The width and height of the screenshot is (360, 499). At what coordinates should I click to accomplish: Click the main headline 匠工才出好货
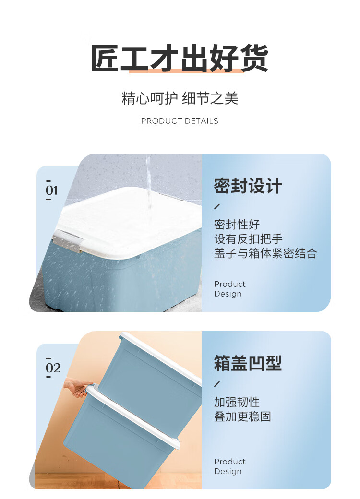(180, 58)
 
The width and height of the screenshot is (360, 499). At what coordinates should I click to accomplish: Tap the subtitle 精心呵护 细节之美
(180, 98)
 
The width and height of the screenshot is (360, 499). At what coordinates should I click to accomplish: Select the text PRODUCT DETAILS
(180, 121)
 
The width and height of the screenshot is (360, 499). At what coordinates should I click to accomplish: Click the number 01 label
(51, 190)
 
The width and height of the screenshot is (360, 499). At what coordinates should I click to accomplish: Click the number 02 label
(53, 368)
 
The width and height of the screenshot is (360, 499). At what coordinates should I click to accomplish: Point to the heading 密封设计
(248, 186)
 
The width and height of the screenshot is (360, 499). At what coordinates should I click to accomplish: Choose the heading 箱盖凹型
(248, 363)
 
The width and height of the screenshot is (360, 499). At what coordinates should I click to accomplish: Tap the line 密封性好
(237, 225)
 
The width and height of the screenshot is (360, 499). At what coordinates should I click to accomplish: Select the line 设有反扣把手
(248, 238)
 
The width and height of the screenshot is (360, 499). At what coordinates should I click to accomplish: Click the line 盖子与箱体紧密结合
(265, 253)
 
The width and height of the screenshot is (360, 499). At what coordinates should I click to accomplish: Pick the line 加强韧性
(237, 402)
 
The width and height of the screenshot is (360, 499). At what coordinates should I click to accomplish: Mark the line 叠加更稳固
(242, 416)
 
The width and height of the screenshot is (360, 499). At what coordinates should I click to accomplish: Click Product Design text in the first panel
(230, 289)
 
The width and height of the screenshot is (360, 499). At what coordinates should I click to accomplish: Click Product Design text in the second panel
(230, 466)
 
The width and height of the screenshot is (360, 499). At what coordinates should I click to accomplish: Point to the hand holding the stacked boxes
(77, 387)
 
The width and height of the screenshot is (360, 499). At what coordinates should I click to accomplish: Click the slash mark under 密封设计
(217, 206)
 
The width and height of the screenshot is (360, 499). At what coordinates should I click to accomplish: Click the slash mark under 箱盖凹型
(217, 384)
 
